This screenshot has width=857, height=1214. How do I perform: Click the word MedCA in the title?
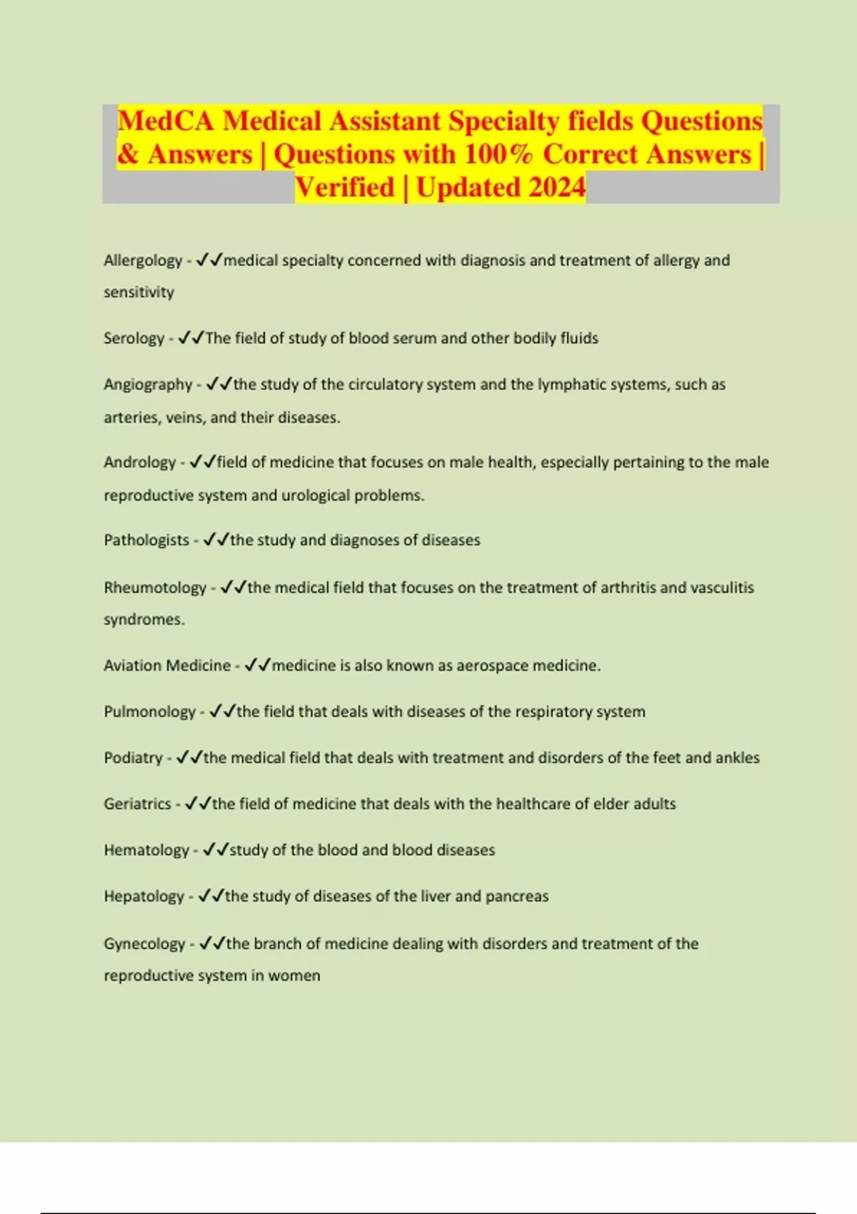point(166,121)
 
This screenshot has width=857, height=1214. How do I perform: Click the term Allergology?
point(143,261)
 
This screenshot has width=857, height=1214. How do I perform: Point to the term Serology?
point(134,338)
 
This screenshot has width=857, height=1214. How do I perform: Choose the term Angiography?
point(148,385)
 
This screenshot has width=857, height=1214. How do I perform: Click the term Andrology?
point(139,463)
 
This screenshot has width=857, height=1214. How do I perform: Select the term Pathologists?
point(146,541)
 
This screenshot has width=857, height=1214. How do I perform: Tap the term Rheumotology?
point(155,588)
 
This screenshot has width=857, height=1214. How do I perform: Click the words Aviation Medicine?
point(167,666)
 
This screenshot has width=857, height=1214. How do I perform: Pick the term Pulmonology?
point(149,712)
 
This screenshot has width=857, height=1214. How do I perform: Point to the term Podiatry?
point(133,758)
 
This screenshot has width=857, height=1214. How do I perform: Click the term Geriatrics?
point(137,804)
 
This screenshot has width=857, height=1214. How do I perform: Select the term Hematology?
point(146,851)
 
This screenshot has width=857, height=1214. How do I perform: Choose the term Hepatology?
point(144,896)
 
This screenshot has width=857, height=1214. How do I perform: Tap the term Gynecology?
point(144,944)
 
